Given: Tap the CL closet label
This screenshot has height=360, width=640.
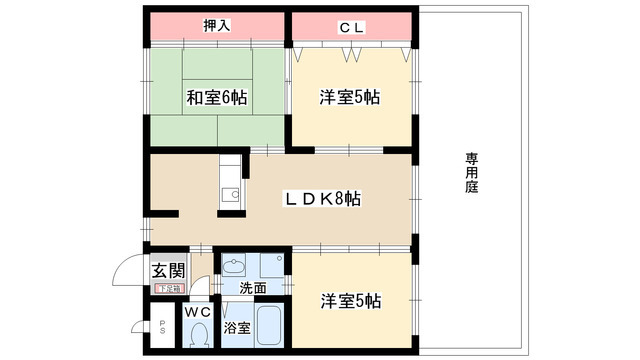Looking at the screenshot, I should (x=350, y=27).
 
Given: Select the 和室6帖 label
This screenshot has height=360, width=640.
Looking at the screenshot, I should (x=216, y=99).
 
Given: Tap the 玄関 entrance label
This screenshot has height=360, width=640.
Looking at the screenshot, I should (x=168, y=270).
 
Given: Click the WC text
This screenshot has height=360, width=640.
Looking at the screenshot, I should (x=196, y=312).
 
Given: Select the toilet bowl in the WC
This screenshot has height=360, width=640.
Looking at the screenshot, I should (x=197, y=335).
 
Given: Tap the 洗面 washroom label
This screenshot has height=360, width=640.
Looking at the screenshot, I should (x=252, y=289).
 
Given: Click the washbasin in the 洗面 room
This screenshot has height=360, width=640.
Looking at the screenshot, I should (x=236, y=267).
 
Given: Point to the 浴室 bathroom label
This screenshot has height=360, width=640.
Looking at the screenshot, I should (x=236, y=328).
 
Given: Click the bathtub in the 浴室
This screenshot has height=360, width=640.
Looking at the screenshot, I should (x=267, y=325).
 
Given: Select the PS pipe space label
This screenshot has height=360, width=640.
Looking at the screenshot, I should (x=163, y=326).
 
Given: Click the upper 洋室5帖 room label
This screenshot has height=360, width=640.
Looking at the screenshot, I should (x=349, y=99).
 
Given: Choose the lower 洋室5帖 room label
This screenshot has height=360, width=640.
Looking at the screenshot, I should (x=350, y=300).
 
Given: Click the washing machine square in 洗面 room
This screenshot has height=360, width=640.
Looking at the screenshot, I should (x=270, y=266).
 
